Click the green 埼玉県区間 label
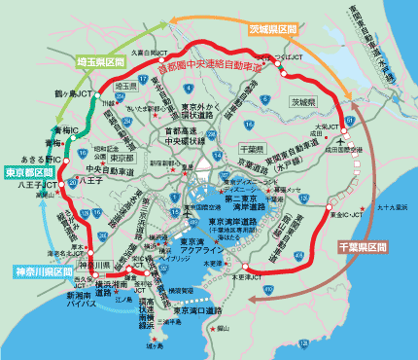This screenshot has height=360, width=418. click(101, 61)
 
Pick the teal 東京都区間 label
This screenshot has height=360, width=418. click(28, 173)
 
